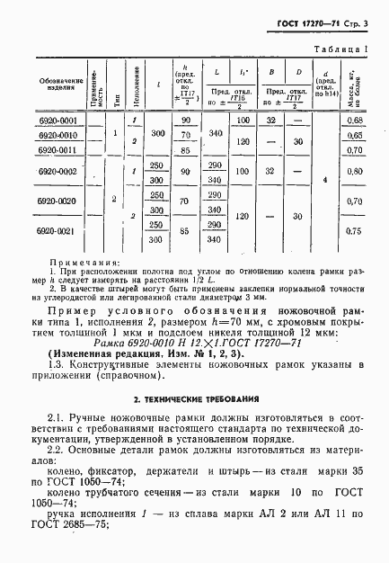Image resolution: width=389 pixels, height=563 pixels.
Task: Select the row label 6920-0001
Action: pyautogui.click(x=38, y=120)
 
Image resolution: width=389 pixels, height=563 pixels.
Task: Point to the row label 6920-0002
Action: pyautogui.click(x=38, y=170)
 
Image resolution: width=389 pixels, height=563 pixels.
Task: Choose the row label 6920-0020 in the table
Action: pyautogui.click(x=38, y=201)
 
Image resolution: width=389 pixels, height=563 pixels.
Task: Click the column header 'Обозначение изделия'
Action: pyautogui.click(x=38, y=85)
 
